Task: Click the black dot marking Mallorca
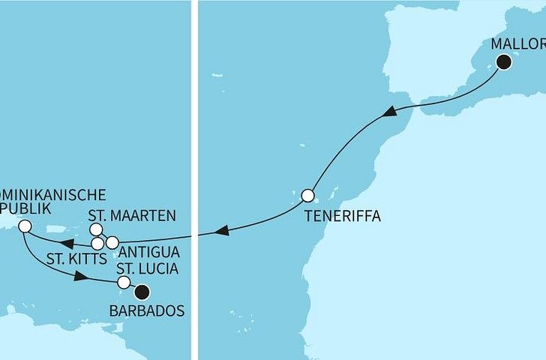coord(502,62)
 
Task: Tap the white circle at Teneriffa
coord(307,196)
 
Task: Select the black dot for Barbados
coord(140,292)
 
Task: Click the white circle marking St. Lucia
coord(124,283)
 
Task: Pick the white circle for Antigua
coord(112,242)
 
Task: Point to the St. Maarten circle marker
coord(96,229)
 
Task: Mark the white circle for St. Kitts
coord(97,244)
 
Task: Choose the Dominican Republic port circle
coord(25,226)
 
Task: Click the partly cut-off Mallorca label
coord(517,43)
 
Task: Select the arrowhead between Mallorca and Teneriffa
coord(390,112)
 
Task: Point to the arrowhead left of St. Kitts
coord(66,243)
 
